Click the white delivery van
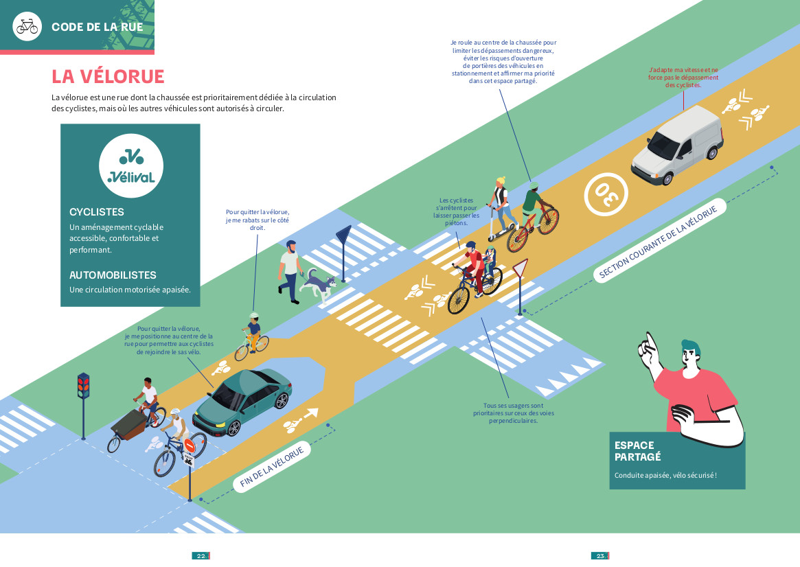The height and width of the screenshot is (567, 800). pos(677,146)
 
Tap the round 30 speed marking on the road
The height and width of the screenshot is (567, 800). pos(606,193)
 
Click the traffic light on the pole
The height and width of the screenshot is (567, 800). pos(83,386)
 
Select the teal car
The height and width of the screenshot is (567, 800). pos(243,401)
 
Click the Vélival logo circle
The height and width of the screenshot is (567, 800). pos(131,165)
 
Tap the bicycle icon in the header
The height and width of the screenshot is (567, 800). pos(27,26)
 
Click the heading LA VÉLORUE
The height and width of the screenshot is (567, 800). pos(108,76)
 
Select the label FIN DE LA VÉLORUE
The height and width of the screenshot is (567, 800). pos(272,467)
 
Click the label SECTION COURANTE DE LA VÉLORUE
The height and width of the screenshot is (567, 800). pos(659,242)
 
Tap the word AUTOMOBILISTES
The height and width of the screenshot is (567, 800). pos(113,275)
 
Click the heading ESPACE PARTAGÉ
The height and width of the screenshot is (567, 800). pos(637,450)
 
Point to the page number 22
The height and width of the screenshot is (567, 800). pos(201,556)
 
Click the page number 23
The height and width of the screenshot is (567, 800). pos(599,556)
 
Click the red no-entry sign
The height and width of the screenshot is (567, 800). pos(190,445)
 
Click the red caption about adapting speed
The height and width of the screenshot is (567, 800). pos(683,77)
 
